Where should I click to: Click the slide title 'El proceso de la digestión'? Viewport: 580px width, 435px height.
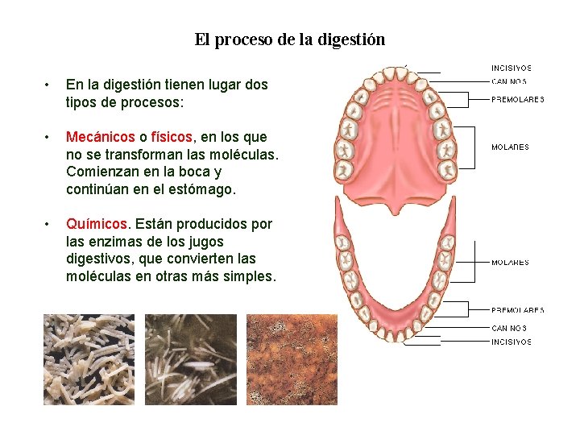[289, 39]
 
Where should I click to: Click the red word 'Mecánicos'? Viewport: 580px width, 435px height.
[100, 137]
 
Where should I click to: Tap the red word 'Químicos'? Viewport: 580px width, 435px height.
[97, 224]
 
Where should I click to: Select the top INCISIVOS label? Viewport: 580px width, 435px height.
[512, 68]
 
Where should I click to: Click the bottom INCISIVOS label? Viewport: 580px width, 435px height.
[512, 342]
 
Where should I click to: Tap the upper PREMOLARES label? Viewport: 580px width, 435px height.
[518, 100]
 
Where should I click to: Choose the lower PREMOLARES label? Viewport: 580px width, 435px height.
[518, 310]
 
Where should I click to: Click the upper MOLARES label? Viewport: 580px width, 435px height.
[511, 147]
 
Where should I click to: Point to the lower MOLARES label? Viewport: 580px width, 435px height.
[511, 263]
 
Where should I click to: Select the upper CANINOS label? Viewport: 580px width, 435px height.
[509, 81]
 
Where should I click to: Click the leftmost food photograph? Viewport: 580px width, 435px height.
[89, 359]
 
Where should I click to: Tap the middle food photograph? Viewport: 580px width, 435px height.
[191, 359]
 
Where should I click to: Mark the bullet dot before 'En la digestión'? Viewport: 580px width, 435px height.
[49, 85]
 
